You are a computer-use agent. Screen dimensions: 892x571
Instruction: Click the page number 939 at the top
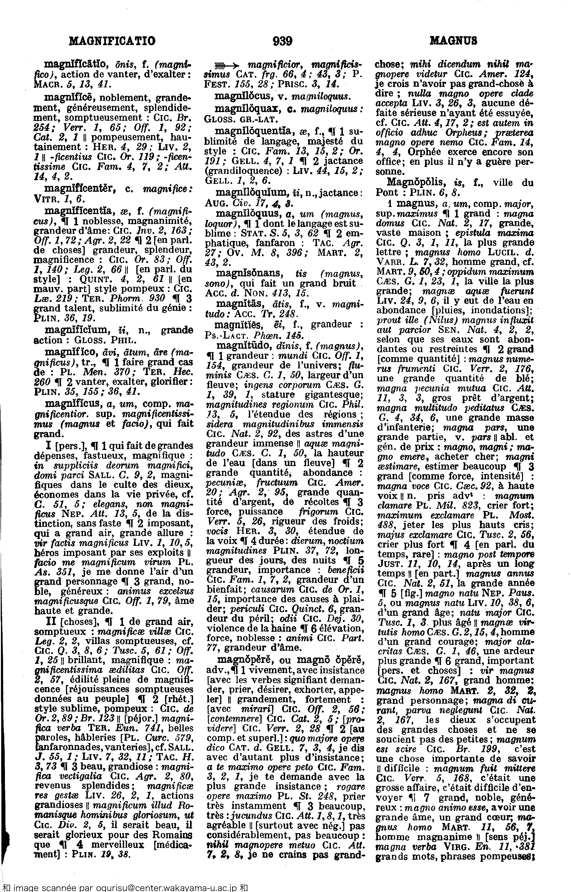[282, 41]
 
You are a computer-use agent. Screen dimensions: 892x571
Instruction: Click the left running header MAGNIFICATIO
[112, 41]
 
